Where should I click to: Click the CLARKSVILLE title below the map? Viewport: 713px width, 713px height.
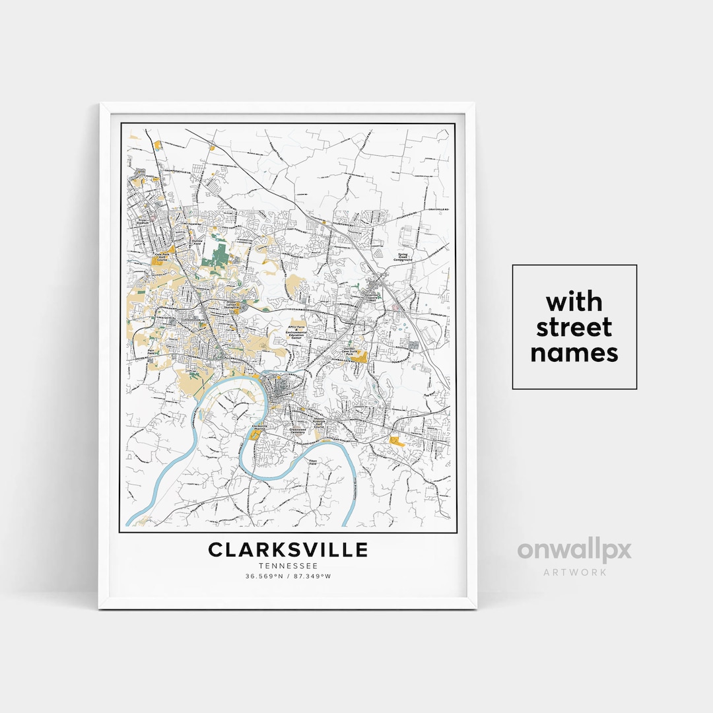288,550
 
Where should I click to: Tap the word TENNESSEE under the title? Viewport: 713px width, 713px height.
288,566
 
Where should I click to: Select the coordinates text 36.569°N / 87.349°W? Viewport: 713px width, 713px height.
288,576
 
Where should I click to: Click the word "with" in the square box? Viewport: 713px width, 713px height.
574,302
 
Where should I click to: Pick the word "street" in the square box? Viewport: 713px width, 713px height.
574,327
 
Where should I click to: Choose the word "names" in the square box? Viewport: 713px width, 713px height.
574,353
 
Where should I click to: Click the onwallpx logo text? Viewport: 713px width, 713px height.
574,551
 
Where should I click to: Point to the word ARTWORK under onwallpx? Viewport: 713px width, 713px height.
574,572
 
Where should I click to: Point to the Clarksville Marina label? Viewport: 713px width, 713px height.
261,428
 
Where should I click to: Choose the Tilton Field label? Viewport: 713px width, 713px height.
313,462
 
